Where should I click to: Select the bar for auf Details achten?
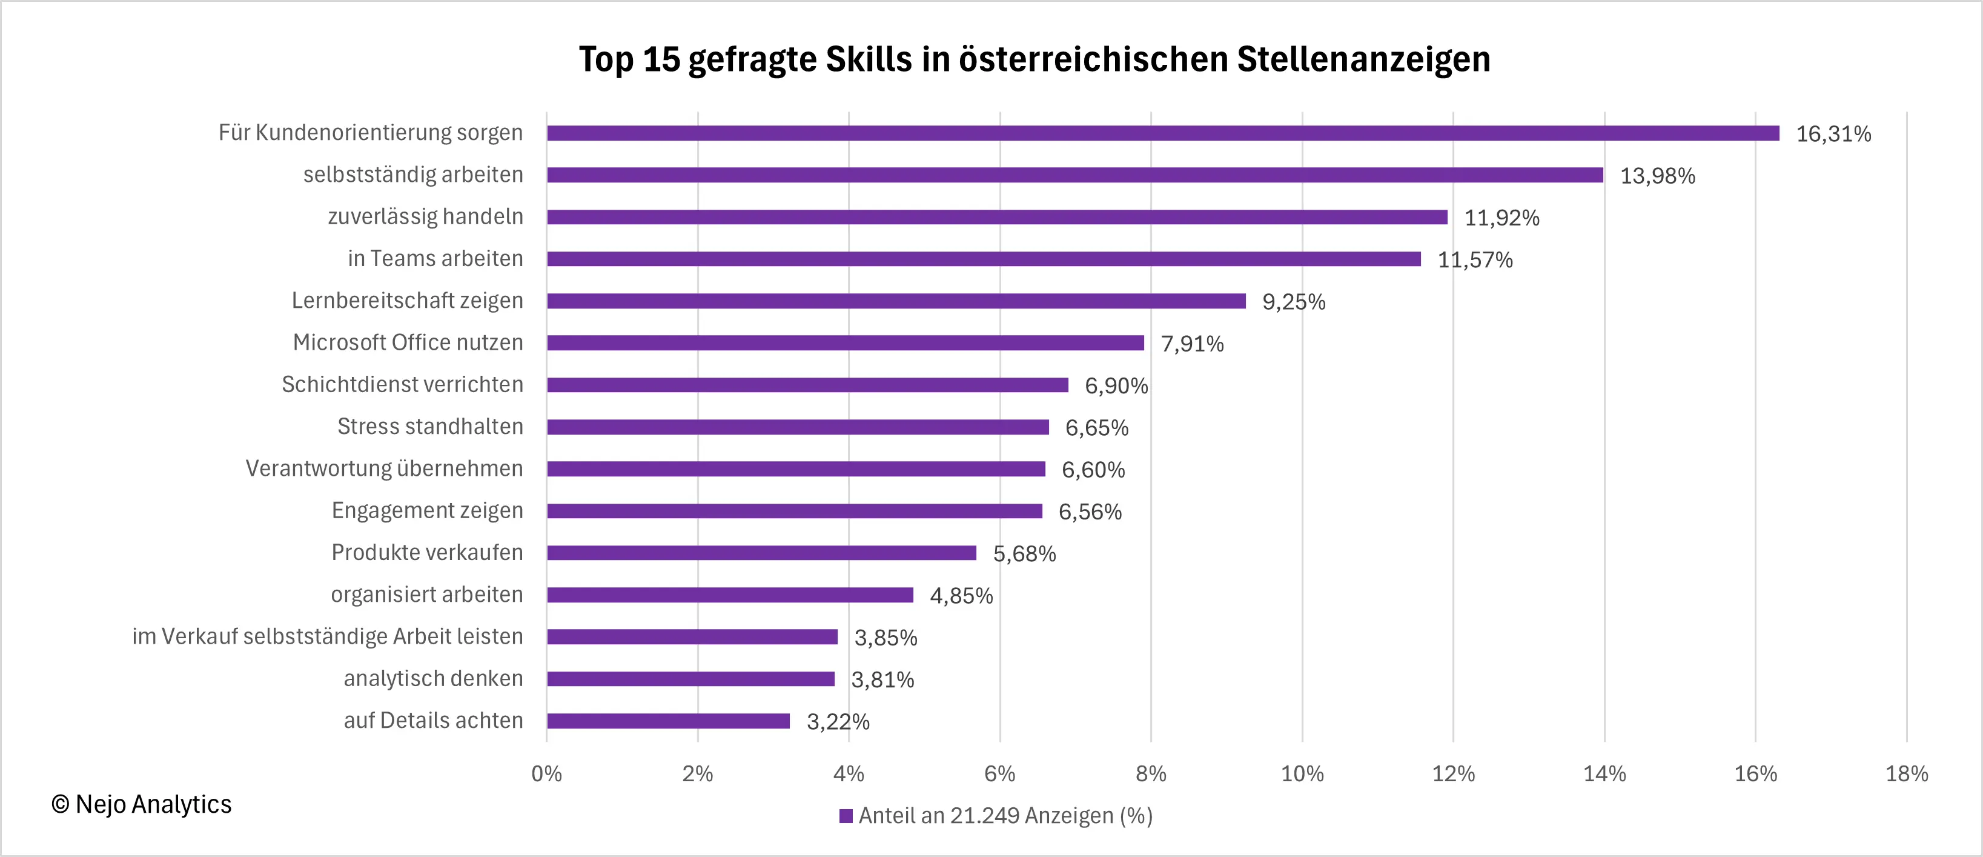click(668, 721)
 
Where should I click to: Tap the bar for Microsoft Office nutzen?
click(846, 342)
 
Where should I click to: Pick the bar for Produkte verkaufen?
click(761, 553)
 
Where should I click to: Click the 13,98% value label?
click(1657, 176)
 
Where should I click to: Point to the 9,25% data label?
click(1293, 302)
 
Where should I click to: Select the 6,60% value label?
click(1093, 470)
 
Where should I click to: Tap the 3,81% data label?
click(882, 680)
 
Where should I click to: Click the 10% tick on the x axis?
click(1302, 774)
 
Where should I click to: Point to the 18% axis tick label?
click(1906, 774)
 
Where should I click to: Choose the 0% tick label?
click(546, 774)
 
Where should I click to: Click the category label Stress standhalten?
click(429, 427)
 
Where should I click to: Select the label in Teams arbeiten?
click(435, 259)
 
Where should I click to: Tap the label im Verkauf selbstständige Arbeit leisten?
click(327, 637)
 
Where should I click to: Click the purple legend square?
click(846, 816)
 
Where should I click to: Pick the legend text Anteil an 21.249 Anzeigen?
click(1005, 816)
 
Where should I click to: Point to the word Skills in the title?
click(869, 59)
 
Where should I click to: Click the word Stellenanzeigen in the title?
click(1363, 59)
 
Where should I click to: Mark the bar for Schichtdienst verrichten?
click(807, 385)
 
